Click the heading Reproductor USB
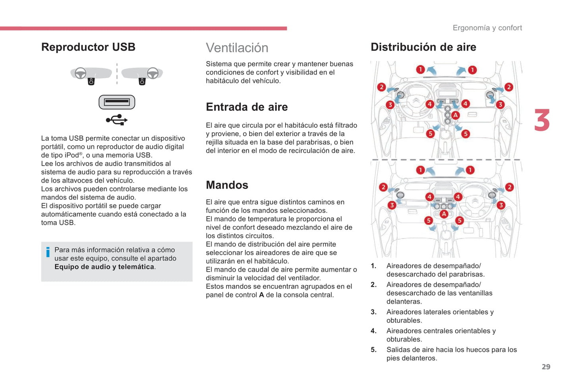pyautogui.click(x=88, y=47)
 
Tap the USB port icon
pyautogui.click(x=117, y=102)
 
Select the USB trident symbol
pyautogui.click(x=117, y=120)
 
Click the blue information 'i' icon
pyautogui.click(x=48, y=252)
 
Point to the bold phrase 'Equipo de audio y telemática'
pyautogui.click(x=104, y=267)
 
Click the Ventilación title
pyautogui.click(x=237, y=48)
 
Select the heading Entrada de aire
pyautogui.click(x=247, y=107)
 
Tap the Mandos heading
pyautogui.click(x=227, y=185)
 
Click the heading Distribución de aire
pyautogui.click(x=423, y=47)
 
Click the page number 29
pyautogui.click(x=546, y=367)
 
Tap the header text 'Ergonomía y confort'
pyautogui.click(x=487, y=28)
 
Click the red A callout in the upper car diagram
pyautogui.click(x=455, y=115)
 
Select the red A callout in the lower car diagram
pyautogui.click(x=444, y=214)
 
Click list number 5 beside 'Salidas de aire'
pyautogui.click(x=373, y=350)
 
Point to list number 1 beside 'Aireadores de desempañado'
pyautogui.click(x=373, y=266)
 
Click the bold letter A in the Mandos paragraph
pyautogui.click(x=261, y=295)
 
